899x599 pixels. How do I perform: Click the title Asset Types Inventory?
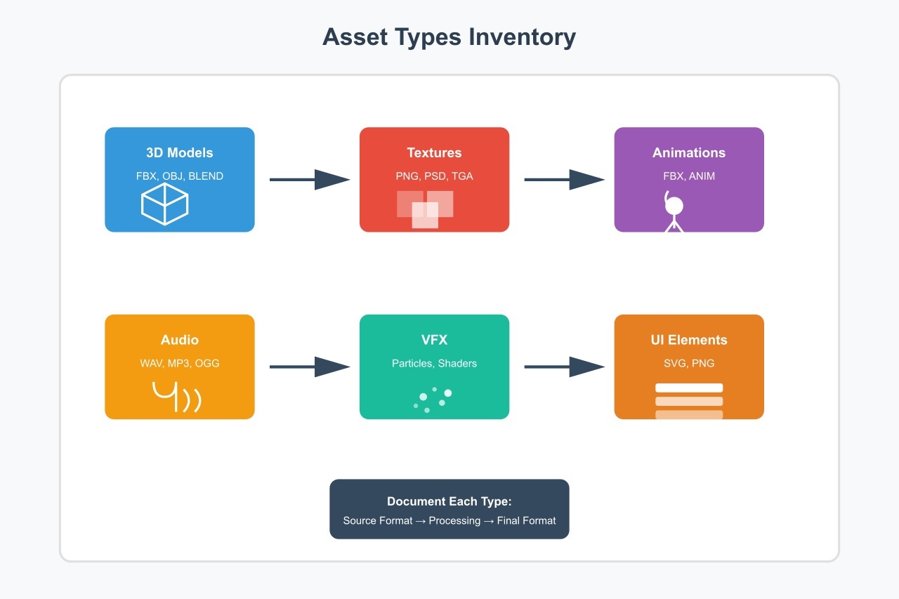[x=449, y=37]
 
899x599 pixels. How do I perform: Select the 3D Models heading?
[x=179, y=153]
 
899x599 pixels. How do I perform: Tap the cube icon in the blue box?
[x=165, y=204]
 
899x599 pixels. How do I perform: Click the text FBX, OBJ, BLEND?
[x=179, y=176]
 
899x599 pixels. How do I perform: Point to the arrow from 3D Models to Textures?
[x=309, y=180]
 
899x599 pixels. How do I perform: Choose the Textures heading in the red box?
[x=434, y=153]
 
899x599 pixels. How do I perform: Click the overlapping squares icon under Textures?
[x=426, y=209]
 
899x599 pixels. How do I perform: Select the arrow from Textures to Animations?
[x=564, y=180]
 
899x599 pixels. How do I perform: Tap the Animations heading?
[x=688, y=153]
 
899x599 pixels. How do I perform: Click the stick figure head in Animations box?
[x=674, y=206]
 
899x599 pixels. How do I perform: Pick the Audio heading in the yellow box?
[x=179, y=340]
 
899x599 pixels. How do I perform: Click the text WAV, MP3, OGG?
[x=179, y=364]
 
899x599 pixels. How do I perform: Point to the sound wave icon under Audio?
[x=176, y=397]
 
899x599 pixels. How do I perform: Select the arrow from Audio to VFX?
[x=309, y=367]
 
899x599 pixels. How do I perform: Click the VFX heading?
[x=434, y=340]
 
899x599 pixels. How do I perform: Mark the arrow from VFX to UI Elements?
[x=564, y=367]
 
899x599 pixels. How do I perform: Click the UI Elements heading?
[x=688, y=340]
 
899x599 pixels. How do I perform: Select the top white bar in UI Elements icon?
[x=688, y=388]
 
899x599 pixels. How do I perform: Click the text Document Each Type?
[x=449, y=502]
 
